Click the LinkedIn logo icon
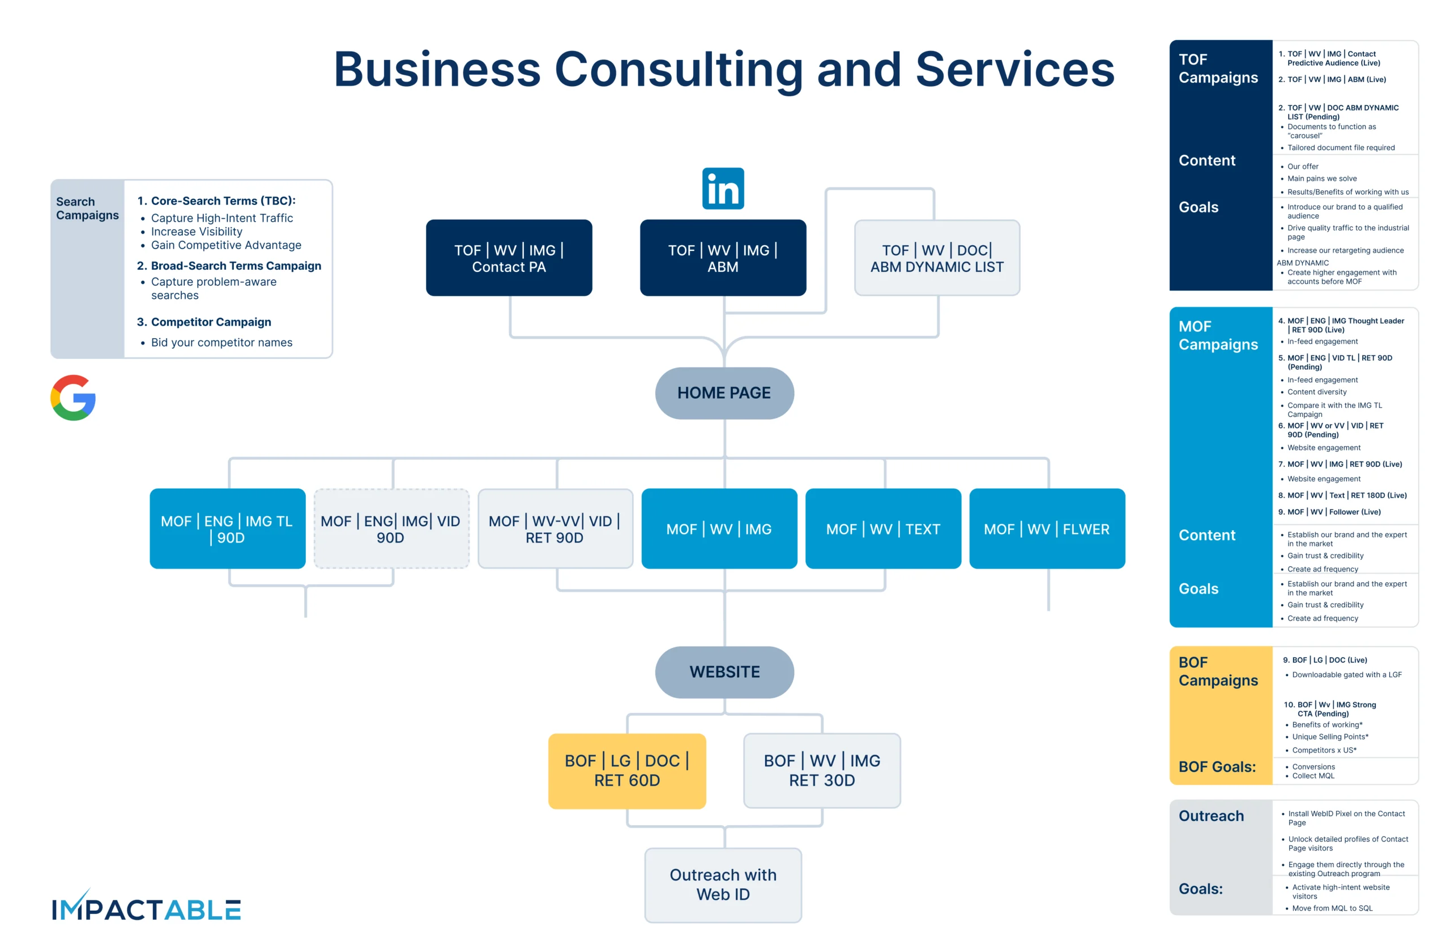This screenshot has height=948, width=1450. click(723, 188)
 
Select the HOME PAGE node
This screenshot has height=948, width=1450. click(724, 393)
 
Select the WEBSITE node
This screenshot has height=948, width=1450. click(724, 672)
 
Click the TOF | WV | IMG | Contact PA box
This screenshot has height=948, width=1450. click(509, 258)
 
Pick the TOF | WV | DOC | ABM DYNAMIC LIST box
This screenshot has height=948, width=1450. click(936, 258)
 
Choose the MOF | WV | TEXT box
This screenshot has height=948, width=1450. click(883, 528)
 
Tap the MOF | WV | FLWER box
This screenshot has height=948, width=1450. click(1046, 528)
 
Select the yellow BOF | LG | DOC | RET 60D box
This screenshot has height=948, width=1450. click(626, 770)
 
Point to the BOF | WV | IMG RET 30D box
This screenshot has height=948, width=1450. click(821, 770)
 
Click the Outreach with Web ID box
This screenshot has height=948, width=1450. click(723, 884)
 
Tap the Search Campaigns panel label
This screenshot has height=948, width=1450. click(87, 208)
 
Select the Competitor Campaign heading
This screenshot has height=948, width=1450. click(211, 322)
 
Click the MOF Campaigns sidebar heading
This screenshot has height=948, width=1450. click(1217, 335)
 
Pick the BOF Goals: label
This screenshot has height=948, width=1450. click(1217, 766)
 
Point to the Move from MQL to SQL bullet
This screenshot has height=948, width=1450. click(1332, 908)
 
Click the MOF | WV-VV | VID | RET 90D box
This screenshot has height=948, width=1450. click(555, 528)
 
